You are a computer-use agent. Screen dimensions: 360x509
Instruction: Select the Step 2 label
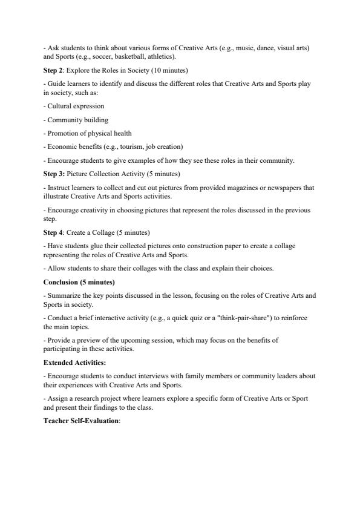click(x=54, y=70)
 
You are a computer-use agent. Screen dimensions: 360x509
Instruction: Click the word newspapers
click(x=266, y=188)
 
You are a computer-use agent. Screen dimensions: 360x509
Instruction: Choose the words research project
click(x=92, y=398)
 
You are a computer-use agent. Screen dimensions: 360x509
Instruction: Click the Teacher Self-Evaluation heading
click(x=81, y=420)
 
